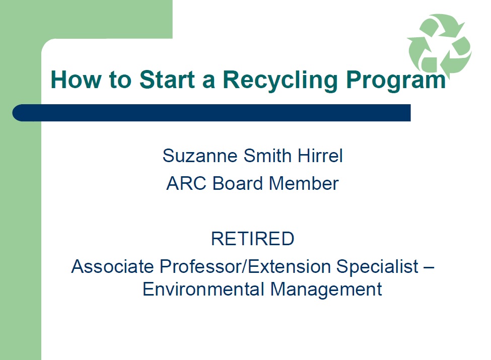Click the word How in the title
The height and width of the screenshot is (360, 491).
76,80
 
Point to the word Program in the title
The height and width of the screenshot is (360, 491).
396,81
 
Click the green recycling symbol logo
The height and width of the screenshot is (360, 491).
440,44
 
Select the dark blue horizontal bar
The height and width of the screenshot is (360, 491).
212,113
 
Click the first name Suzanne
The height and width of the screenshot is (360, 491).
200,156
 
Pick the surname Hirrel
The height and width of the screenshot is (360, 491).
320,156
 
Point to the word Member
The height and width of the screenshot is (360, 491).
304,183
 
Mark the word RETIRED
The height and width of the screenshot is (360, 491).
253,239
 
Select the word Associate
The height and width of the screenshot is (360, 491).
113,266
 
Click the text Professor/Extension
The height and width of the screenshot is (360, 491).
245,266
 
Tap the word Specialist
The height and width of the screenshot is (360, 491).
377,267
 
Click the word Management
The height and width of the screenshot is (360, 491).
326,290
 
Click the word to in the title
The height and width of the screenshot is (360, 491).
120,81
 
